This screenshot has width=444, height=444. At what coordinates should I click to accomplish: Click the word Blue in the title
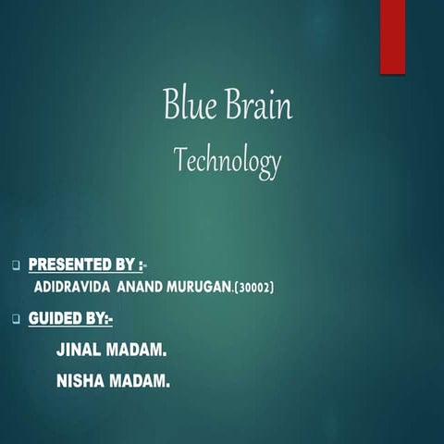pos(189,105)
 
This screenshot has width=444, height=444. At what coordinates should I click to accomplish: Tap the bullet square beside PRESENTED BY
pos(16,265)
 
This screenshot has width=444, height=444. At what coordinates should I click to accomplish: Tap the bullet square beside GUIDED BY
pos(16,320)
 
